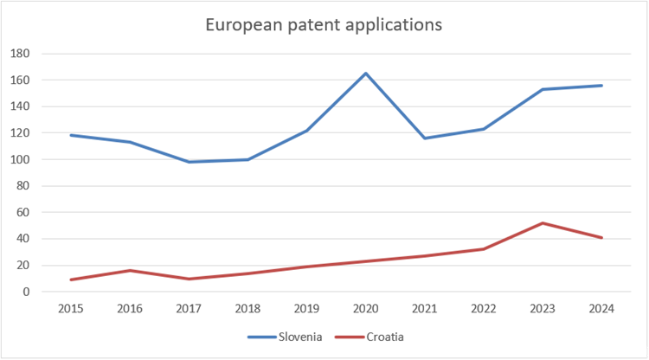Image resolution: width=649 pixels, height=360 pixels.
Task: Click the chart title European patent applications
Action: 324,24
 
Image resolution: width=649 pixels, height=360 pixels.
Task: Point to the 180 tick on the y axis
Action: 19,54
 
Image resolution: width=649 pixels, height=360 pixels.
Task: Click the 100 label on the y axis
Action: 19,160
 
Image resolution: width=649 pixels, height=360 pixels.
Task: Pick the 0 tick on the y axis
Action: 25,292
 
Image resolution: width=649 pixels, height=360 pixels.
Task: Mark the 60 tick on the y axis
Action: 22,213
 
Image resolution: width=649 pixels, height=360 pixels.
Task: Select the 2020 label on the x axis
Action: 365,309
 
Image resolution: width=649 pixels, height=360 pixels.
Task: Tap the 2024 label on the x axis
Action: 601,309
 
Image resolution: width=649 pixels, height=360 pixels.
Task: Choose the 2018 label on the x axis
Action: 247,309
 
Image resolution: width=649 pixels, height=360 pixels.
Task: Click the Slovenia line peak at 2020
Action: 365,74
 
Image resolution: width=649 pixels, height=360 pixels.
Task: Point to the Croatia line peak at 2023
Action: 543,223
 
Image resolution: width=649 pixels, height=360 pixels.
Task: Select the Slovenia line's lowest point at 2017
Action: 188,162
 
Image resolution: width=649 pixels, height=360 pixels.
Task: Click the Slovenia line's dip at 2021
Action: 424,138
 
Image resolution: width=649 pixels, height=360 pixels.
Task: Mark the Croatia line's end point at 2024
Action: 601,238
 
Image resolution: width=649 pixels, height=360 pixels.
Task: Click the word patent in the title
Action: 314,24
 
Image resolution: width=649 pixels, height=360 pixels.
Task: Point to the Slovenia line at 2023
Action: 543,89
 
